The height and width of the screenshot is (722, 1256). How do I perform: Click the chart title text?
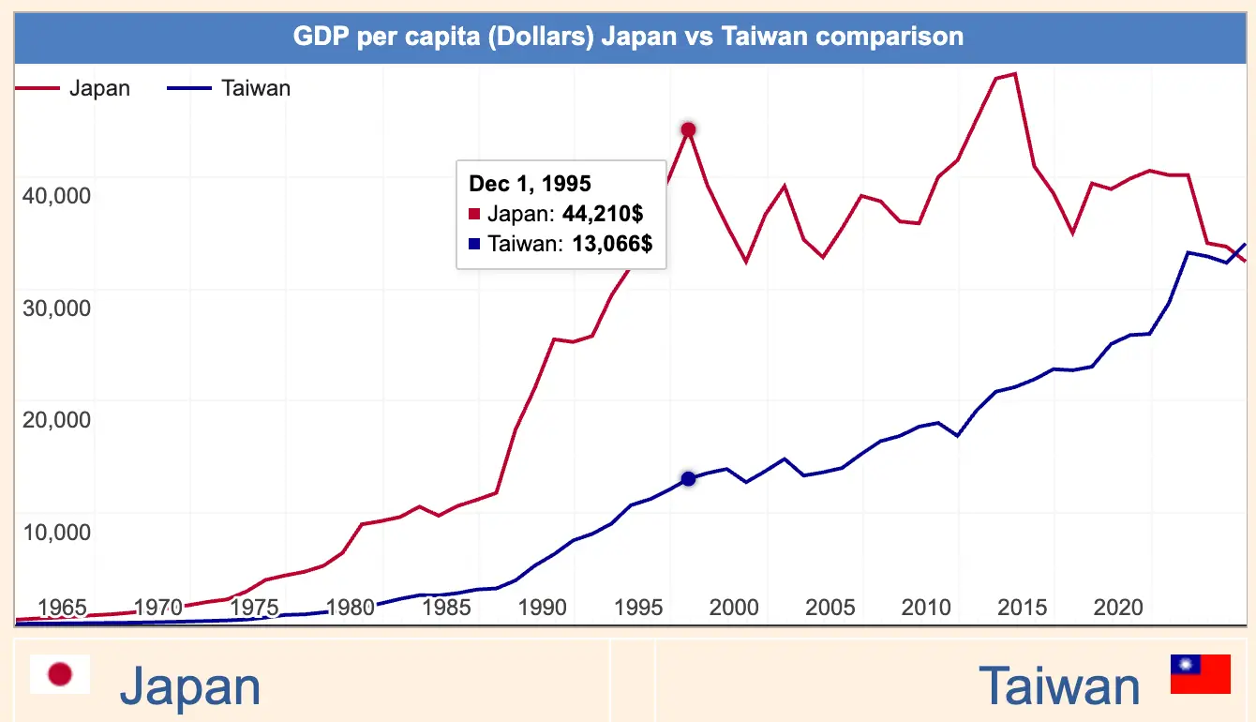click(628, 37)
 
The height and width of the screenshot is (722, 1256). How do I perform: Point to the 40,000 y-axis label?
click(55, 195)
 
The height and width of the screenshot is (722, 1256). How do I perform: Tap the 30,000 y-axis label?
click(55, 308)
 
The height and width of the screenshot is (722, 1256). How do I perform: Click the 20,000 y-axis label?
click(55, 419)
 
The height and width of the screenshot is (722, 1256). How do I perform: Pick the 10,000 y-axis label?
click(55, 532)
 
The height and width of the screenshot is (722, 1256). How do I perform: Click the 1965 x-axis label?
click(62, 607)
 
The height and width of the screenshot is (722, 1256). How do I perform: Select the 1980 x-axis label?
click(351, 607)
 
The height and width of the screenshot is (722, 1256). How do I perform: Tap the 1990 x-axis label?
click(543, 607)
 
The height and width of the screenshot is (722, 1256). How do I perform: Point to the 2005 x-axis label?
click(830, 607)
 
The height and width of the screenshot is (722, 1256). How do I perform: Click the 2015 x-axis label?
click(1023, 607)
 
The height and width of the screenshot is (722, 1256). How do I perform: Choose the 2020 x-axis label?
click(1118, 607)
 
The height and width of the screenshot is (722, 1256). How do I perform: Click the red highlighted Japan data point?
click(688, 129)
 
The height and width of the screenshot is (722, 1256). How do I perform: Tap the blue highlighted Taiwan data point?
click(688, 479)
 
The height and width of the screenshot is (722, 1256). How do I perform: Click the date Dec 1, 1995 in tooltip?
click(531, 184)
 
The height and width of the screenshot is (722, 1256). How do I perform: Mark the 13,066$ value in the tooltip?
click(612, 245)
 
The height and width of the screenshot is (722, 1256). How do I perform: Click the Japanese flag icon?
click(60, 674)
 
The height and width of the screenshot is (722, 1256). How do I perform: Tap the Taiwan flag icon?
click(1200, 674)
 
